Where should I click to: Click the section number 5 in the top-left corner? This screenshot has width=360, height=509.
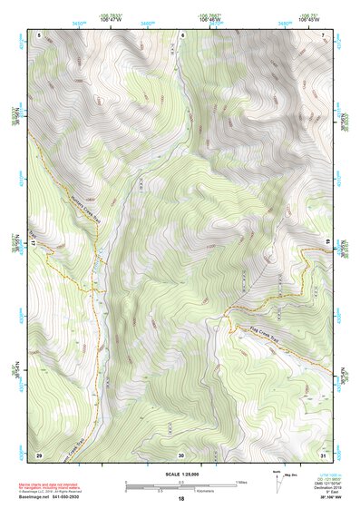click(x=39, y=35)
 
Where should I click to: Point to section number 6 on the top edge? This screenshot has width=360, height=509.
click(x=181, y=35)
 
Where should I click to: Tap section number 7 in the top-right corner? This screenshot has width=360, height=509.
click(x=322, y=35)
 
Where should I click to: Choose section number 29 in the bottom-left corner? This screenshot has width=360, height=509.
click(x=39, y=454)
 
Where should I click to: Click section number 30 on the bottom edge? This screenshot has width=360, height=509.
click(x=181, y=454)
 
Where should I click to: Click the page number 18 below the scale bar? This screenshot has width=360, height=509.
click(x=180, y=499)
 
